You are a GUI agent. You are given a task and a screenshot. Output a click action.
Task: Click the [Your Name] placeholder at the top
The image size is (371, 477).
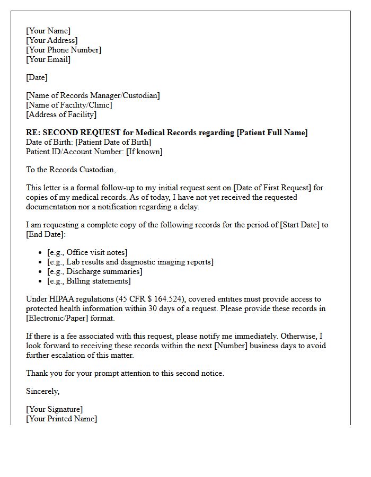click(48, 31)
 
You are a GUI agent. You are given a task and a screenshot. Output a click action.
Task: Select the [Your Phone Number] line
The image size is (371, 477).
click(64, 50)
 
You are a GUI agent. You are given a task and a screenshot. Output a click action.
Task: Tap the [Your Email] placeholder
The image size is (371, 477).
click(48, 59)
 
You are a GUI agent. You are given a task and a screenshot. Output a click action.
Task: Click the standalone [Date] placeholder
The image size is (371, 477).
click(37, 77)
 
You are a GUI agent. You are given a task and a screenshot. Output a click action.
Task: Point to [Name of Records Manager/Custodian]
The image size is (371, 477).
click(93, 95)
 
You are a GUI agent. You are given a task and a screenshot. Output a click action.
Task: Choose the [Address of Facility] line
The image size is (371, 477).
click(61, 114)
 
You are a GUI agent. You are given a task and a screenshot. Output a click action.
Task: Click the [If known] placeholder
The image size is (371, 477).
click(144, 152)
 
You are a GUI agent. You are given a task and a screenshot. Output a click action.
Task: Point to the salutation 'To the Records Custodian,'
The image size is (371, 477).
click(70, 170)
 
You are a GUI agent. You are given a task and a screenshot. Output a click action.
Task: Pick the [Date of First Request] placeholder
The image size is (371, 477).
click(270, 188)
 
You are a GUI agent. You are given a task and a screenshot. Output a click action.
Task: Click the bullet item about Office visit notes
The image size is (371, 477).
click(87, 252)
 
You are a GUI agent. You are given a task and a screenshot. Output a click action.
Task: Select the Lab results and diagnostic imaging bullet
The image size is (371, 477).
click(130, 262)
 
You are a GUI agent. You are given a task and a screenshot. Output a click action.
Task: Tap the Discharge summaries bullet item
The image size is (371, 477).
click(95, 271)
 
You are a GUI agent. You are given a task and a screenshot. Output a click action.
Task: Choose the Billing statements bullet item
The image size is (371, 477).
click(89, 281)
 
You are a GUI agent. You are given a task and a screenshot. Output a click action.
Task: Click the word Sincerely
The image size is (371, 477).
click(43, 391)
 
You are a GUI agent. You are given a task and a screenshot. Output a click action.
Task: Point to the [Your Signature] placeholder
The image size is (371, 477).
click(55, 409)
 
